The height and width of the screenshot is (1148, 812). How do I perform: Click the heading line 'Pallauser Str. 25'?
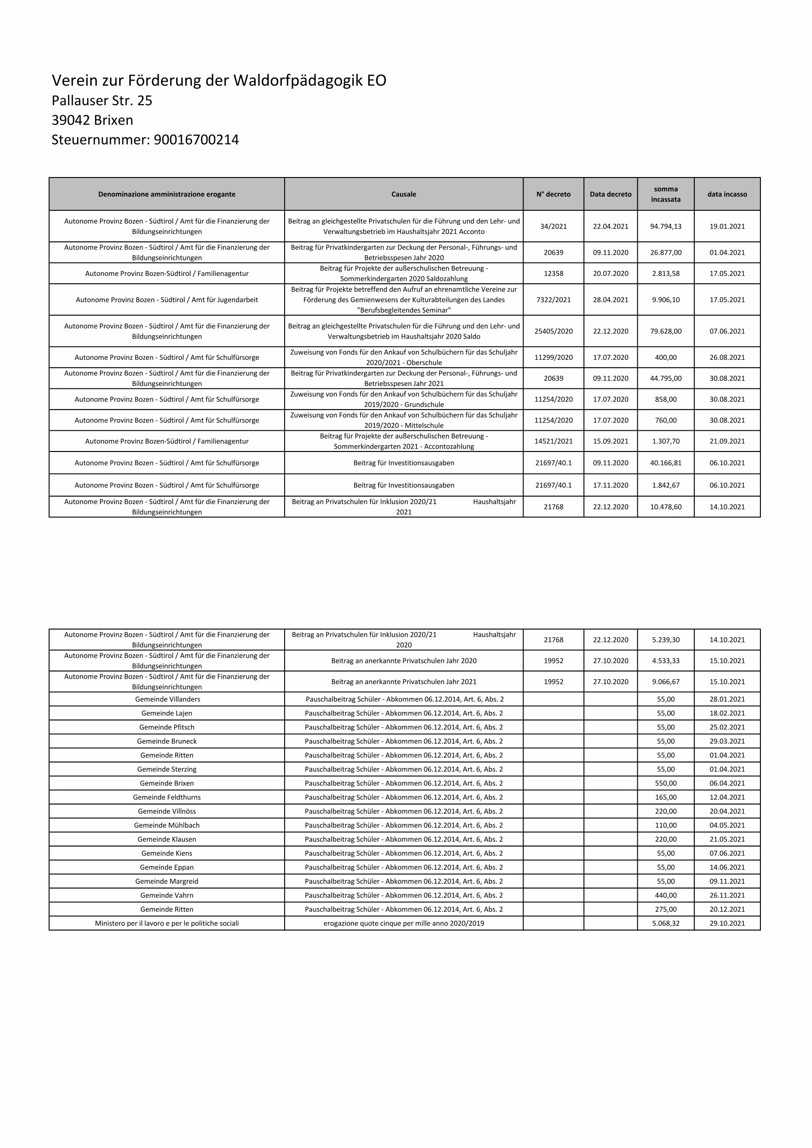(102, 101)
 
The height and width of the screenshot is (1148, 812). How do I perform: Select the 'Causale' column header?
(403, 194)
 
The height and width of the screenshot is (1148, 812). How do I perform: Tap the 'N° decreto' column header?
(553, 194)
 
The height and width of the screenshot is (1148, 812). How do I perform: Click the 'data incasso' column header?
(727, 194)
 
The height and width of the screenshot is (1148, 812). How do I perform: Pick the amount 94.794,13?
(665, 227)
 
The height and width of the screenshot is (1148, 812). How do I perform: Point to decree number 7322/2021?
(553, 300)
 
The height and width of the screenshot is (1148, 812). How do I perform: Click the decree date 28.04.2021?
(610, 300)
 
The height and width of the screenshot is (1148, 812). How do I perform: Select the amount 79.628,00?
(665, 331)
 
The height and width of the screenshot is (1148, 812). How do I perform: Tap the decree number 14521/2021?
(553, 441)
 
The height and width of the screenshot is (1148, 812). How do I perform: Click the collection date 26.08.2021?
(727, 357)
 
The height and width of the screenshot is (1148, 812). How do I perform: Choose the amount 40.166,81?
(665, 463)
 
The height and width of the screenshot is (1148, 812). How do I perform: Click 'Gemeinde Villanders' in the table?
(167, 699)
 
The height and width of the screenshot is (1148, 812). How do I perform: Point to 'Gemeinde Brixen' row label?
(167, 783)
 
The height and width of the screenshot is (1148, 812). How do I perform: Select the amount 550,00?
(665, 783)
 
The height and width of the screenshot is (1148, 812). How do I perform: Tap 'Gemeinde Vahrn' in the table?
(167, 896)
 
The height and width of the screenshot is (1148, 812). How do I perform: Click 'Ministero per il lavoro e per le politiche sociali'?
(167, 924)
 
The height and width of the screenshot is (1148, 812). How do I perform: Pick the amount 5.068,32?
(665, 924)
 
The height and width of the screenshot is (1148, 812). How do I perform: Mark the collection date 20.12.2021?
(727, 910)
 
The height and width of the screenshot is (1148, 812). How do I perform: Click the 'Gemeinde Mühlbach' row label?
(167, 825)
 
